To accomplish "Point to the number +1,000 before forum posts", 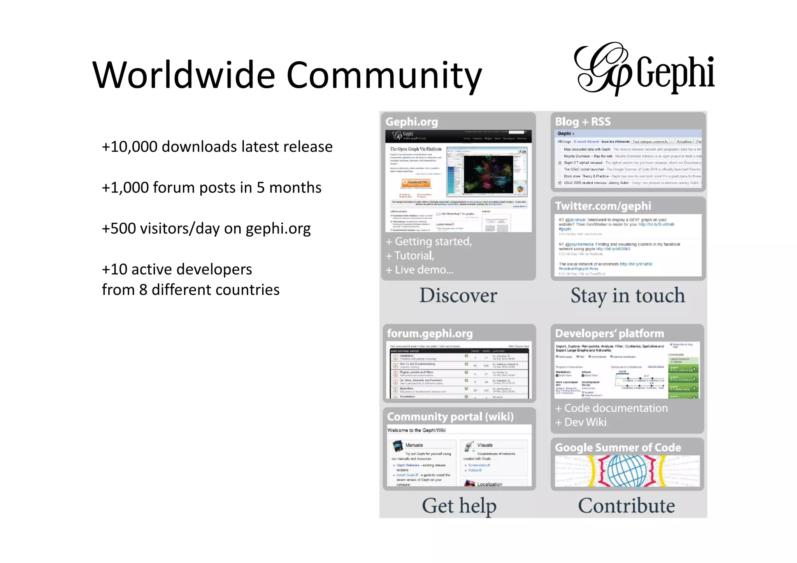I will [x=125, y=188].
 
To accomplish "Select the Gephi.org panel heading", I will [x=412, y=122].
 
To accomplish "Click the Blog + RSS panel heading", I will [x=583, y=122].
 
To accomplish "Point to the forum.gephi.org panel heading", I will [x=430, y=333].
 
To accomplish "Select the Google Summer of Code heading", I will [x=618, y=447].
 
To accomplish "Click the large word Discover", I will [x=458, y=295].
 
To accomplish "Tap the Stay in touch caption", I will [x=627, y=295].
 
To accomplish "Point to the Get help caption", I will [x=459, y=506].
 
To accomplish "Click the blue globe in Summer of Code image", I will [x=627, y=471].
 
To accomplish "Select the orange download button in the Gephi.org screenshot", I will [x=416, y=182].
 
